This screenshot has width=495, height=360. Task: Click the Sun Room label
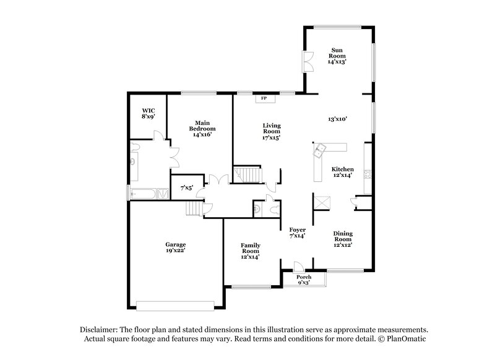pos(337,56)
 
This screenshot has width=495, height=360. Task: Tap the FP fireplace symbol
pos(263,98)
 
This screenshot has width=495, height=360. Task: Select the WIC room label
pos(149,112)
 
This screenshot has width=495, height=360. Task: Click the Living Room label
pos(272,132)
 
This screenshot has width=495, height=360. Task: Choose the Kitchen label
pos(342,172)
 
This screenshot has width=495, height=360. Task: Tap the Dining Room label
pos(343,239)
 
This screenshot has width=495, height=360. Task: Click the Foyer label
pos(298,233)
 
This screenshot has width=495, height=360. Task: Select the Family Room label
pos(250,251)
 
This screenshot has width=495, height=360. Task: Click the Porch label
pos(304,280)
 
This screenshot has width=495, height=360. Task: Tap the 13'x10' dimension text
pos(337,119)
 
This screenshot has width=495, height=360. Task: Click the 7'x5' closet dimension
pos(186,187)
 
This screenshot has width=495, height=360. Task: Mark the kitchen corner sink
pos(322,148)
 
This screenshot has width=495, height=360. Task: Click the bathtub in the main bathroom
pos(144,194)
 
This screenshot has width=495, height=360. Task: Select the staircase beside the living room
pos(247,175)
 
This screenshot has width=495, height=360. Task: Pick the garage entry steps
pos(194,210)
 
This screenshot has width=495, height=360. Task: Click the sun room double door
pos(307,61)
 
